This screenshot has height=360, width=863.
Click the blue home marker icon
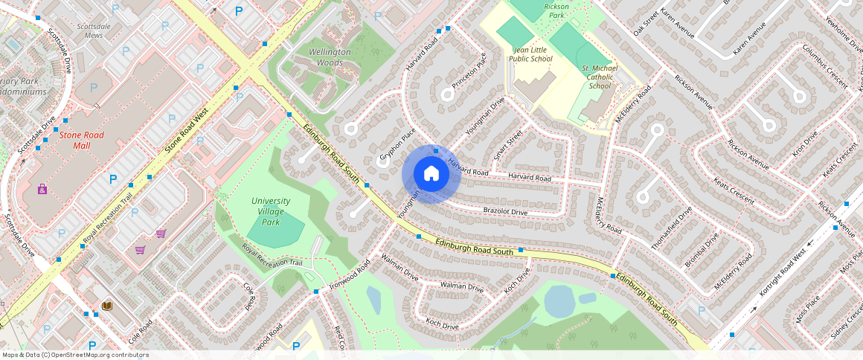(431, 173)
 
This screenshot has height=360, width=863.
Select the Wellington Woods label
(330, 57)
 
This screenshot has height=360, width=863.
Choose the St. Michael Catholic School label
(600, 76)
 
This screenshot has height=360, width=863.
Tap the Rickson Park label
(556, 10)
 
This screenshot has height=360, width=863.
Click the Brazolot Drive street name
(505, 212)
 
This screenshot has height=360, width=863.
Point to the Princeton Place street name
(469, 68)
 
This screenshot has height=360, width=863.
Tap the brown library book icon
(107, 306)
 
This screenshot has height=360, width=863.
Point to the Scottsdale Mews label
(94, 30)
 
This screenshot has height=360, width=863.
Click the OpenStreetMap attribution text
(75, 355)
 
